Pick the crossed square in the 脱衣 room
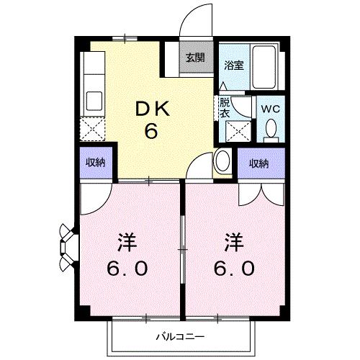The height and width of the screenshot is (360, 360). tap(236, 130)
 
